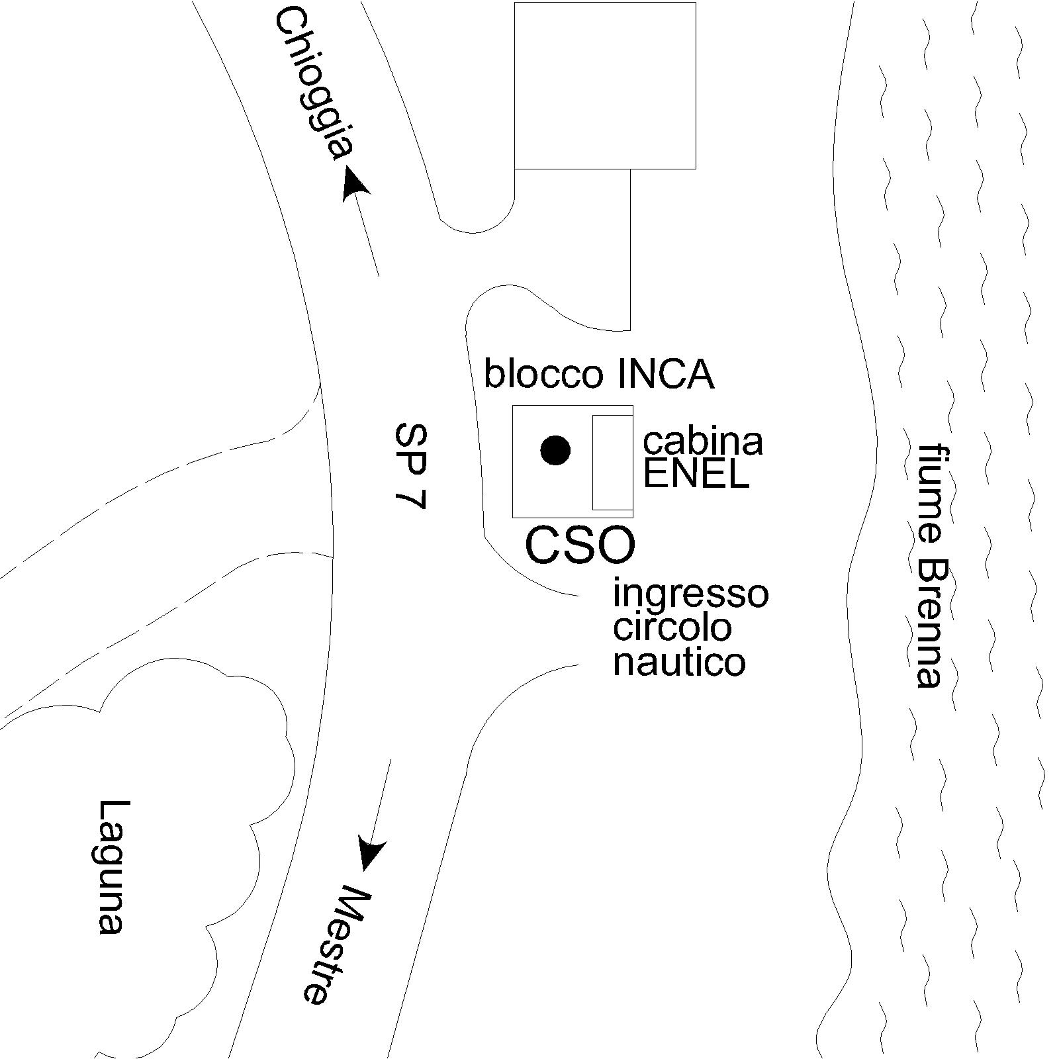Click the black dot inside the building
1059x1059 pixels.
555,451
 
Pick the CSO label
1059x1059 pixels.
580,545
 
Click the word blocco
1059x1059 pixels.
543,373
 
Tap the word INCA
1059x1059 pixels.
665,374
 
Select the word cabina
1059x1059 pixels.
703,441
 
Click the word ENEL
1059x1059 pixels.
696,474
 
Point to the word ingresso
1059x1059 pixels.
690,594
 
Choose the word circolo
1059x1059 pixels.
672,627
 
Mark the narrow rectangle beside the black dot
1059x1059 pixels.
612,463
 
